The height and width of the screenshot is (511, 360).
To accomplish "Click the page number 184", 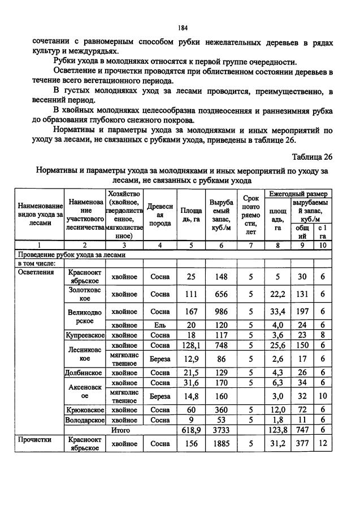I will pyautogui.click(x=182, y=28).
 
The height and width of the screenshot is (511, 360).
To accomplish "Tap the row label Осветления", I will pyautogui.click(x=37, y=272).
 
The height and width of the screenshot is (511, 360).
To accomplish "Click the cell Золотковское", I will pyautogui.click(x=84, y=294).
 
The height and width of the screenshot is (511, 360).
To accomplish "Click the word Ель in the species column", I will pyautogui.click(x=160, y=325).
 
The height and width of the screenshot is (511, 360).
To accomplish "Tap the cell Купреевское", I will pyautogui.click(x=84, y=335).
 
